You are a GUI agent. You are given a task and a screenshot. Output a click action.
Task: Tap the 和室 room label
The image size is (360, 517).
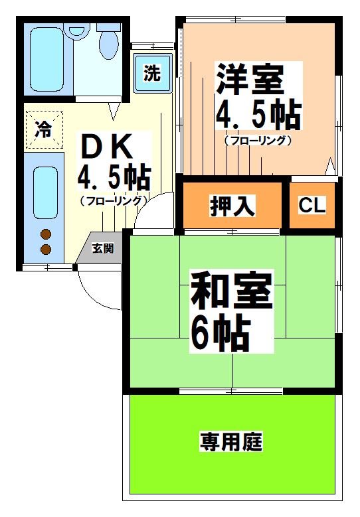tap(231, 293)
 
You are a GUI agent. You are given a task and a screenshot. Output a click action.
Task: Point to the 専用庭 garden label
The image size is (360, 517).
tap(232, 441)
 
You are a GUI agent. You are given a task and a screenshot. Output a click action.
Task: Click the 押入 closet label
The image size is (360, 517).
tap(232, 206)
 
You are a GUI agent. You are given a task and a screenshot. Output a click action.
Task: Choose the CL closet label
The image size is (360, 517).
tap(312, 206)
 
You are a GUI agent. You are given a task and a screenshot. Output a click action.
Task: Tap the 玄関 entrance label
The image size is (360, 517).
tap(102, 249)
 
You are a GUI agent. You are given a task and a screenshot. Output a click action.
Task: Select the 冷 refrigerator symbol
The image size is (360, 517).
tap(43, 129)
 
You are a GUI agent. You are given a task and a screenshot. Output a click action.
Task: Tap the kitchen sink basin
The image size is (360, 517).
tap(45, 190)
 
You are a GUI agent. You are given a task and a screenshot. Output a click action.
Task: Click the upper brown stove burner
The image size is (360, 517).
tap(46, 234)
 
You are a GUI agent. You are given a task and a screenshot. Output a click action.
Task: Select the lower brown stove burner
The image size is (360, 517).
tap(46, 249)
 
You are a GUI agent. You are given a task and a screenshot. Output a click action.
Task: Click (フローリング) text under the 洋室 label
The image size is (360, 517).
tap(258, 141)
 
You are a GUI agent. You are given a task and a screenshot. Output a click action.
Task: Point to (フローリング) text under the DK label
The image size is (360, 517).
tap(113, 200)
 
